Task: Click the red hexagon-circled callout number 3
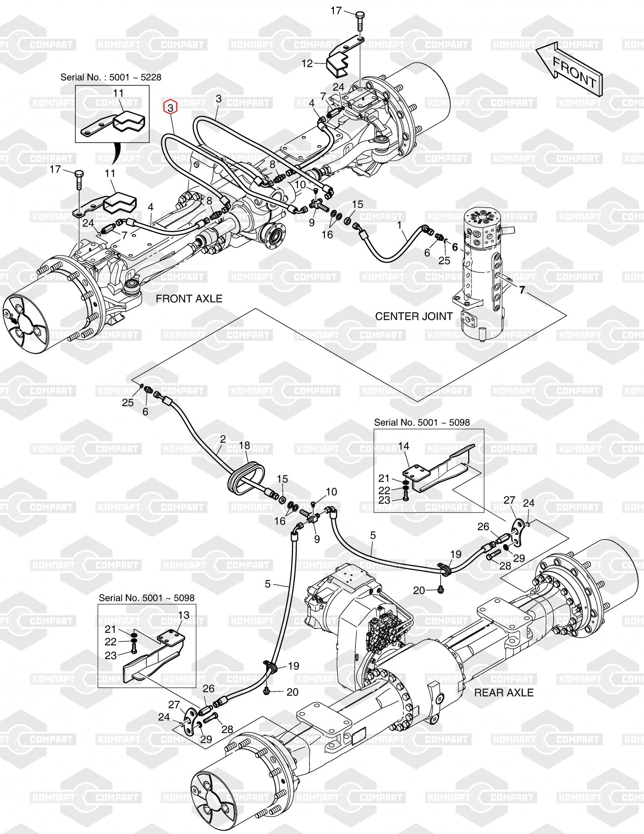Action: click(170, 107)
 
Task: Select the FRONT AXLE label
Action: click(189, 299)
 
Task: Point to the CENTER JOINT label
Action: click(413, 316)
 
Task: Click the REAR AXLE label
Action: click(504, 693)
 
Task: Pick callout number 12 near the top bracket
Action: click(307, 63)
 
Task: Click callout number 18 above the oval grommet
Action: click(244, 445)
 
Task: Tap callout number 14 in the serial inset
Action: click(403, 446)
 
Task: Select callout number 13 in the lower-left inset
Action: click(183, 615)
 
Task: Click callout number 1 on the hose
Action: click(399, 225)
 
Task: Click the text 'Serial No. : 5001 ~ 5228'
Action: click(111, 77)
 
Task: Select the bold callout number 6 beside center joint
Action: click(455, 247)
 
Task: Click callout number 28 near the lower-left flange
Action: click(227, 729)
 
